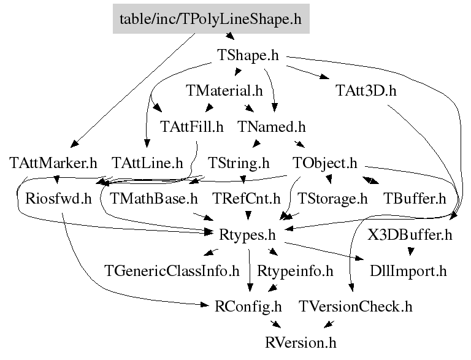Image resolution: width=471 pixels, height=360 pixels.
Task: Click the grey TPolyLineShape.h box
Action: [x=211, y=18]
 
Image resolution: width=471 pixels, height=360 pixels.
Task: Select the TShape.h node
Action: [x=248, y=55]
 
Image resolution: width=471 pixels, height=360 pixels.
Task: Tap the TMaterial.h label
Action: [x=224, y=91]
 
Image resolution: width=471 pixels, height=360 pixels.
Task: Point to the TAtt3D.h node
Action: [x=366, y=91]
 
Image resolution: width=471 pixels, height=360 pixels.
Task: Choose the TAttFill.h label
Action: [x=191, y=127]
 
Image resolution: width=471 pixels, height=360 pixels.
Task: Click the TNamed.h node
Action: [x=271, y=127]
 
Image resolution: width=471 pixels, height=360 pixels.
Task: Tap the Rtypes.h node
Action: [x=248, y=234]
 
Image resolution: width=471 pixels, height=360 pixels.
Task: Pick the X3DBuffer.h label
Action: [x=410, y=234]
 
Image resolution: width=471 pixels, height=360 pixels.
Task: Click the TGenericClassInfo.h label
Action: [x=172, y=270]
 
